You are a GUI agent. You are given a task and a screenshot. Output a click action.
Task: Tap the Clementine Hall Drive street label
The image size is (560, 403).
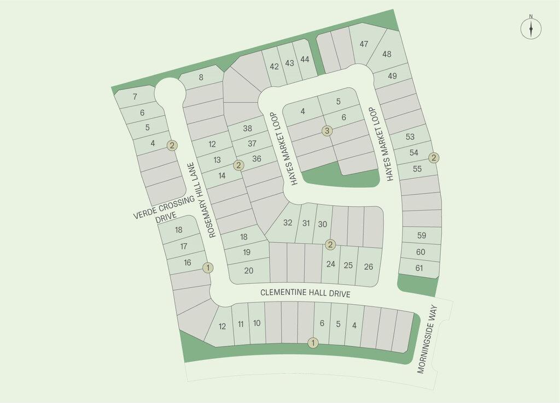305,293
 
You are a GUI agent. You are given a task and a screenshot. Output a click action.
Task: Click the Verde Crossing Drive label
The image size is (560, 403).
164,209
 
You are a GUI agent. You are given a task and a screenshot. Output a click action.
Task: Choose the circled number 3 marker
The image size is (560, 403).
327,131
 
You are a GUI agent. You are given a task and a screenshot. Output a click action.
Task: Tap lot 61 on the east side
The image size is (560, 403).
419,268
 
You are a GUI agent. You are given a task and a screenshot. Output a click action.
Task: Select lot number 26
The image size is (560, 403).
369,266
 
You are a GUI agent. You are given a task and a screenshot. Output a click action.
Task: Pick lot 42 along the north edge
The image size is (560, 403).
275,67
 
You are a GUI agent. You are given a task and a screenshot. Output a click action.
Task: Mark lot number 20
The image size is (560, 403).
249,270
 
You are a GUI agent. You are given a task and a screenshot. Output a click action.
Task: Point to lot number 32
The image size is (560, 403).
288,223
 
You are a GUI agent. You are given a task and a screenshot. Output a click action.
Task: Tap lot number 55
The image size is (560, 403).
417,169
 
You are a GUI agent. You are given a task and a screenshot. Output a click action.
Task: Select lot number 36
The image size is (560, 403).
257,158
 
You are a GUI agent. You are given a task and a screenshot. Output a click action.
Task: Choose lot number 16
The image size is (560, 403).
188,263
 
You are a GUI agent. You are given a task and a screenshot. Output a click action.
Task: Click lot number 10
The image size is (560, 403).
257,323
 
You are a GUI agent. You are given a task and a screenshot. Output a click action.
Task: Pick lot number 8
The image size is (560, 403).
201,78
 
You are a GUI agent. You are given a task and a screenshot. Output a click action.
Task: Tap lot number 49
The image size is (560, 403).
392,76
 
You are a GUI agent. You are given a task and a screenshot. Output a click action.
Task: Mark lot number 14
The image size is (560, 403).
222,175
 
